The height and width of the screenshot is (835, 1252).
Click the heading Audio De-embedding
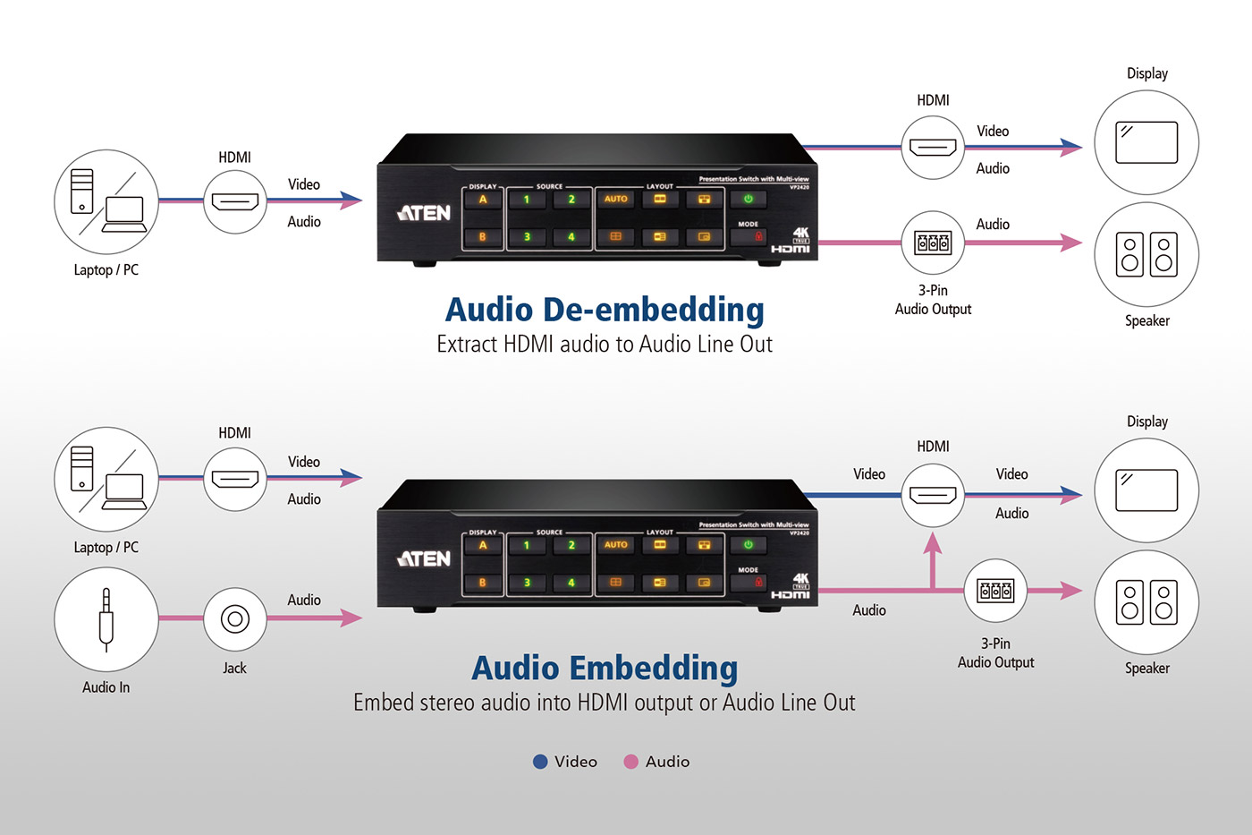605,310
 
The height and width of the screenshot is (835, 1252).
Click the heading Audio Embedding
605,668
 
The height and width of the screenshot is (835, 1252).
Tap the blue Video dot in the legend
540,762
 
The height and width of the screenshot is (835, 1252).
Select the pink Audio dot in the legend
631,762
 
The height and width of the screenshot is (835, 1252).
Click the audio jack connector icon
235,618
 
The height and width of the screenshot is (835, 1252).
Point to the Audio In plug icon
106,619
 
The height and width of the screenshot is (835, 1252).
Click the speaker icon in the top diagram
1146,254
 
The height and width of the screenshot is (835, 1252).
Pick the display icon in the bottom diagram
1146,490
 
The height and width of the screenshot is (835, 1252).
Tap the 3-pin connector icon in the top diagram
933,243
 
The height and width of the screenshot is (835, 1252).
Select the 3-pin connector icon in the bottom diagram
995,591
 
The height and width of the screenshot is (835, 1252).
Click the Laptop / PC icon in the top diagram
106,201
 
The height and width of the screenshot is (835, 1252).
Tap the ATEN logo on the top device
424,213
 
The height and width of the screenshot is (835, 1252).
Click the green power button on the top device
749,199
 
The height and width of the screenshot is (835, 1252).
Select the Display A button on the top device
483,200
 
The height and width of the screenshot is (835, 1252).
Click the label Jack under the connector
234,668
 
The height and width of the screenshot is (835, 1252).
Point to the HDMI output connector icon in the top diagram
933,147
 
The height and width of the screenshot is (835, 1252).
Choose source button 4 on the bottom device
571,583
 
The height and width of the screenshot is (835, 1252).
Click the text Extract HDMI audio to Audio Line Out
605,345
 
